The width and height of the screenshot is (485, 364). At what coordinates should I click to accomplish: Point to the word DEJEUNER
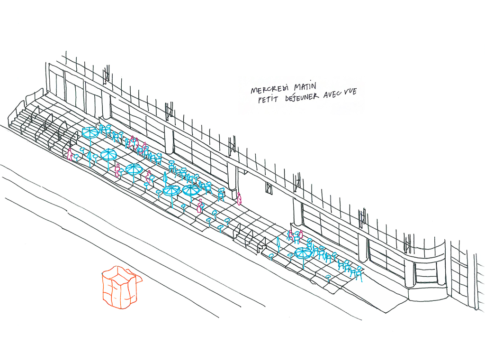tap(301, 97)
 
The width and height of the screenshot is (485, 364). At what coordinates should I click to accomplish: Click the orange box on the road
tap(119, 288)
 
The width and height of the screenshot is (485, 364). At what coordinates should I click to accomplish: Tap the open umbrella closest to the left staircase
tap(90, 133)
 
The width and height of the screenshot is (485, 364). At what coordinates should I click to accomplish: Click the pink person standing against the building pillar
tap(240, 198)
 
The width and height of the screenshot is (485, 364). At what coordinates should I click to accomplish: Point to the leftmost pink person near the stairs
tap(70, 154)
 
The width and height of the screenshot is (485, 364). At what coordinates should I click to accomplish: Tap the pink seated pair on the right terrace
tap(295, 235)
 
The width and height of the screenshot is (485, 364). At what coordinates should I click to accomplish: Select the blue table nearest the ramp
tap(328, 276)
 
